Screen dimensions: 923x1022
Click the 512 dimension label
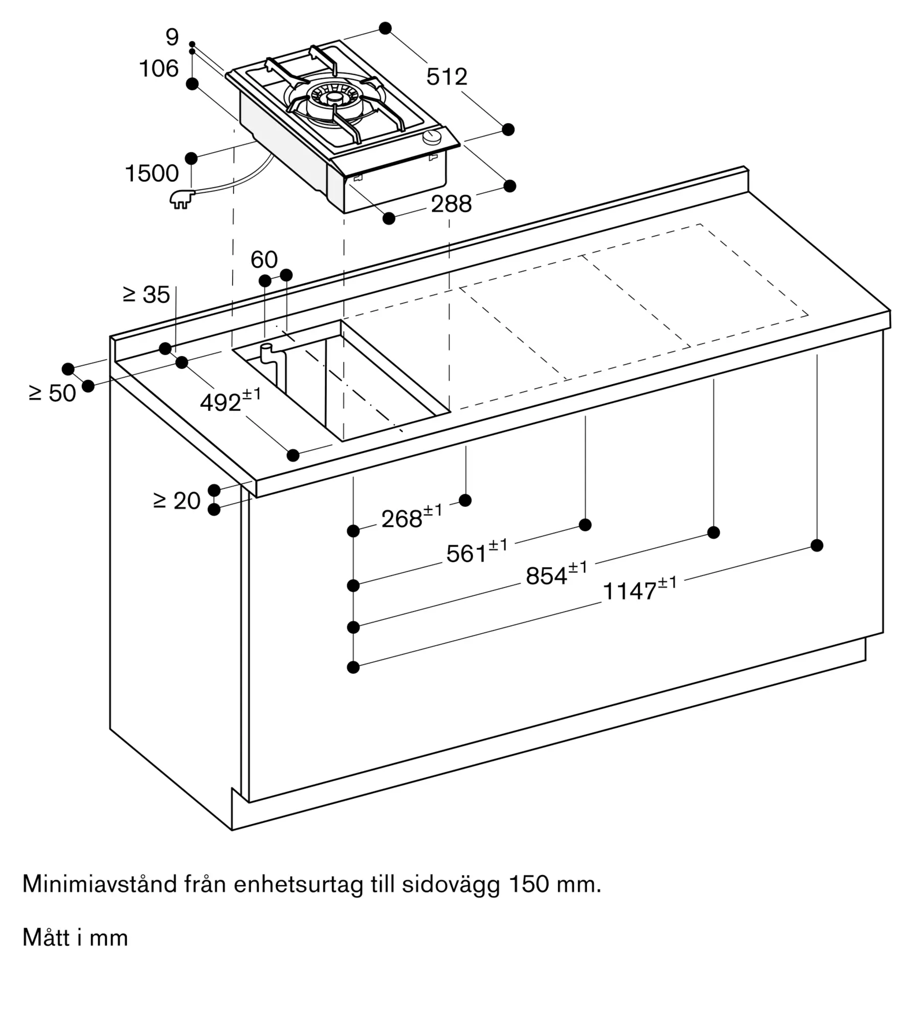click(x=446, y=77)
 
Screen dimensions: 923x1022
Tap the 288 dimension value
click(x=451, y=204)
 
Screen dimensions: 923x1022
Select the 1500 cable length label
click(x=152, y=174)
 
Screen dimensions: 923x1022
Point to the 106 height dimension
click(x=159, y=68)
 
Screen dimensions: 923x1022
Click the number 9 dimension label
click(x=172, y=37)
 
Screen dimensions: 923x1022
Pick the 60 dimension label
click(x=264, y=260)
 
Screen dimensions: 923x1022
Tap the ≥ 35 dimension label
click(x=146, y=294)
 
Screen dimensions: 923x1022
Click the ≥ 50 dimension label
click(x=53, y=393)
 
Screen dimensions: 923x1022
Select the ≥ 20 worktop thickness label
click(x=177, y=501)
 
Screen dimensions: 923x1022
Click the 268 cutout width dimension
click(x=412, y=517)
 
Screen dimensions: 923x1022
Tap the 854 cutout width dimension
click(x=556, y=573)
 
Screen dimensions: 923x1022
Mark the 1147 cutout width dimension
click(x=640, y=589)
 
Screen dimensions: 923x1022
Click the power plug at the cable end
click(x=182, y=199)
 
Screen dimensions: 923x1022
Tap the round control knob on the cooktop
click(x=433, y=136)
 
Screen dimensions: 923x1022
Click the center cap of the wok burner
click(x=334, y=97)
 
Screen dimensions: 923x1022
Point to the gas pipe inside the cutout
click(x=271, y=364)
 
